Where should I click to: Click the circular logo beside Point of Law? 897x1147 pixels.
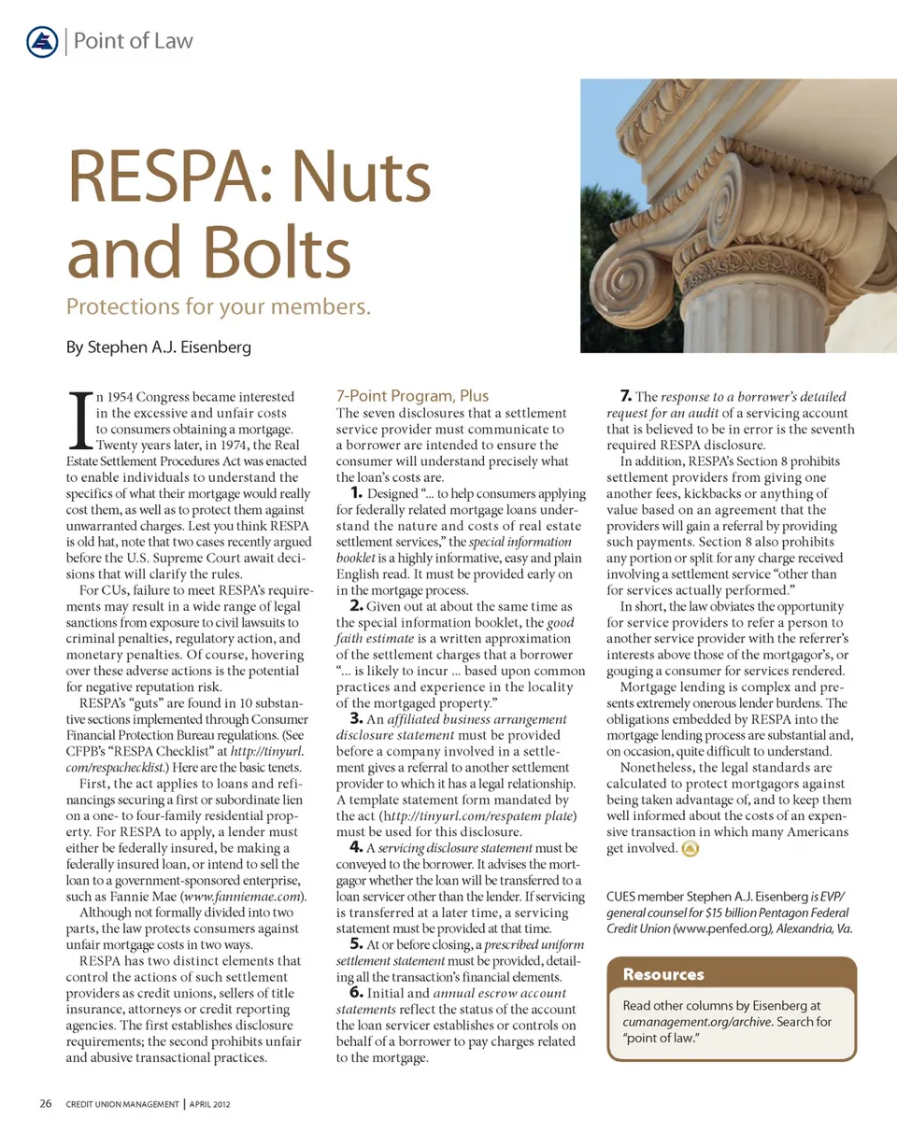43,41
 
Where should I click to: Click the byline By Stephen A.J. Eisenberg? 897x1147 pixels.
159,348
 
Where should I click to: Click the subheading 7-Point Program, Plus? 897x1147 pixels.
412,395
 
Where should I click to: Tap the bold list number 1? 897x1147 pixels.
356,492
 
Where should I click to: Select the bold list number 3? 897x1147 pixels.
356,718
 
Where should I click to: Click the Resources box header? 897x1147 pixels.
663,974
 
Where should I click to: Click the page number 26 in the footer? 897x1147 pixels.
45,1104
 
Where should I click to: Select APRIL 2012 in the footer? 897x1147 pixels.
209,1105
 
